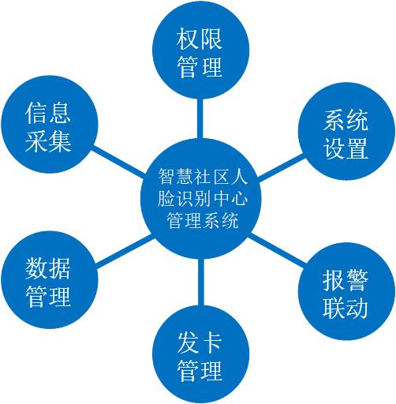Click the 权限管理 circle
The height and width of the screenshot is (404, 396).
coord(200,50)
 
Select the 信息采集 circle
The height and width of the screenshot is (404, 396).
coord(50,124)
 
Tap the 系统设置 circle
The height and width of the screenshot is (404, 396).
coord(346,131)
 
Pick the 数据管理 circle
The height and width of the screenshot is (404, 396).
coord(50,279)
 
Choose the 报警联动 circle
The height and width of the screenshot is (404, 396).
coord(346,291)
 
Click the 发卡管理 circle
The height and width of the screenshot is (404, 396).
coord(200,354)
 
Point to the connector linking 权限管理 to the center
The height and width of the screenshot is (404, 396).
coord(200,118)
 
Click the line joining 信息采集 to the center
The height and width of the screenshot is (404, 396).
coord(118,162)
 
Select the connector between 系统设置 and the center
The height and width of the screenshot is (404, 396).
coord(280,167)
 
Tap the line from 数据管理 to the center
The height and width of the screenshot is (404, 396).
coord(125,251)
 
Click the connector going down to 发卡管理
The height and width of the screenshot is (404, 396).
coord(200,282)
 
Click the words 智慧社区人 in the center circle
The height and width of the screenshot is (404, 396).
coord(203,177)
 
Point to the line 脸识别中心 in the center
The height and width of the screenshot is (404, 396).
coord(203,198)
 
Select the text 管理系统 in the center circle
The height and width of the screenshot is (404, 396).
coord(203,220)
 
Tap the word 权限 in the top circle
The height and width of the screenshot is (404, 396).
coord(200,39)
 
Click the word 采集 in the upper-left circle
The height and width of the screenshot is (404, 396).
coord(48,141)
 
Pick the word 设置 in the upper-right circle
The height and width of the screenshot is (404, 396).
coord(346,148)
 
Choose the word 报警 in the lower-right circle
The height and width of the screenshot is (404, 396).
coord(346,280)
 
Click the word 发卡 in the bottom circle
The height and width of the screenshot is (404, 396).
coord(200,342)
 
